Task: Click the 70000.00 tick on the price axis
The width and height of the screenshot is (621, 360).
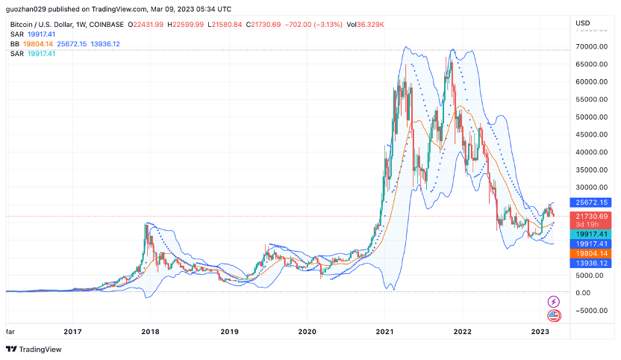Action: pyautogui.click(x=590, y=46)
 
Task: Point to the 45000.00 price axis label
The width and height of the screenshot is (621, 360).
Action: pyautogui.click(x=590, y=134)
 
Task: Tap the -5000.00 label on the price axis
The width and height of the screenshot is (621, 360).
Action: pyautogui.click(x=590, y=311)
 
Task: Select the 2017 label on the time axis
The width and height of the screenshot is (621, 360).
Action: pyautogui.click(x=72, y=330)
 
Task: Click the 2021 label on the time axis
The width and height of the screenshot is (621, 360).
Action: pyautogui.click(x=385, y=330)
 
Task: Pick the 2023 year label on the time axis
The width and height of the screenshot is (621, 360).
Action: pyautogui.click(x=540, y=330)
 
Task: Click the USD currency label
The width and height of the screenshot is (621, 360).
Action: pyautogui.click(x=583, y=23)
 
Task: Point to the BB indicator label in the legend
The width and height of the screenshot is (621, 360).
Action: pyautogui.click(x=15, y=44)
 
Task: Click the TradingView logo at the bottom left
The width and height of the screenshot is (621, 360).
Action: pyautogui.click(x=34, y=349)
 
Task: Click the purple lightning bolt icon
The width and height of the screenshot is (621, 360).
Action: pyautogui.click(x=554, y=301)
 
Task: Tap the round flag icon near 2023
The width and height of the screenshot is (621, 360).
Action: pyautogui.click(x=554, y=315)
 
